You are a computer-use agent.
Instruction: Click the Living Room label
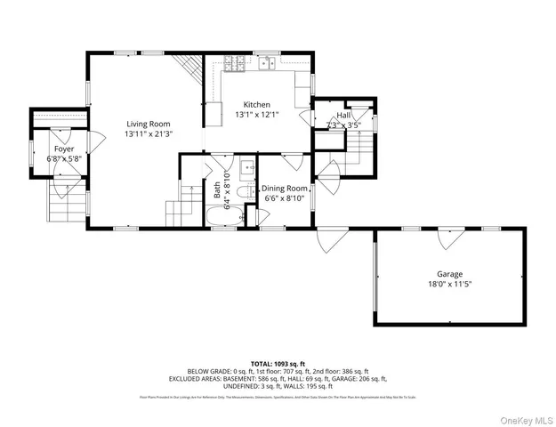pos(148,124)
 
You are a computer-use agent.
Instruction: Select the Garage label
pos(448,274)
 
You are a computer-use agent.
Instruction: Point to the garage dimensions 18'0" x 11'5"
pos(448,285)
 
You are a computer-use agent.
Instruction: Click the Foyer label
pos(63,149)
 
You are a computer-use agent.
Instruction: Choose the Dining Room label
pos(284,189)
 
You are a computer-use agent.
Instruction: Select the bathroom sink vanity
pos(246,166)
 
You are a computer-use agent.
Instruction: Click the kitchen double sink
pos(267,63)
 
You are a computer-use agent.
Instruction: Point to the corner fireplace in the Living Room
pos(188,67)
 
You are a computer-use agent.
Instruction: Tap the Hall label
pos(342,115)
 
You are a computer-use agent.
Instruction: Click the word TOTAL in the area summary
pos(263,364)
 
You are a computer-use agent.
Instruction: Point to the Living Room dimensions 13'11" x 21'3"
pos(148,134)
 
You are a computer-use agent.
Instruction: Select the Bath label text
pos(216,189)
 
